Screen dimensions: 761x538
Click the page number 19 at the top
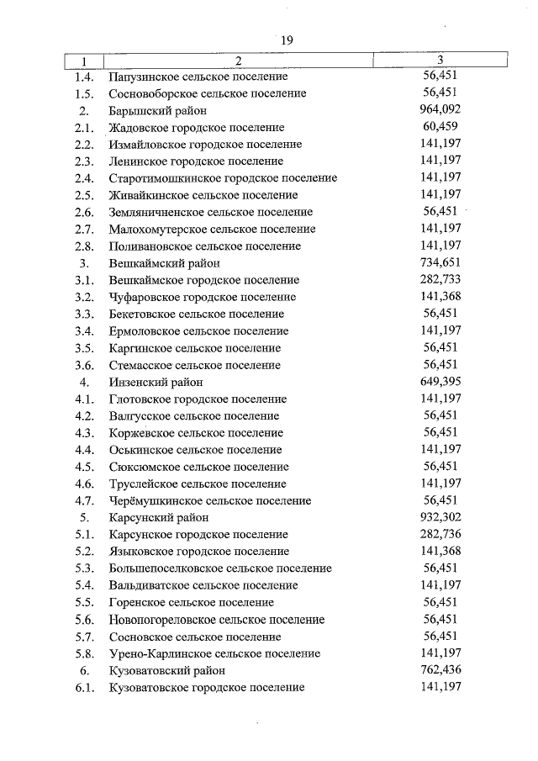coord(287,40)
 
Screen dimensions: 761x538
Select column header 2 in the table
coord(239,60)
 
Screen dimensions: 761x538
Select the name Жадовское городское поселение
coord(197,128)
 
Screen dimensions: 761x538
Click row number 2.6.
coord(83,212)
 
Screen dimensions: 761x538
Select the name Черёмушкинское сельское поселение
coord(210,500)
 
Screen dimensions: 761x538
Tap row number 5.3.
coord(83,568)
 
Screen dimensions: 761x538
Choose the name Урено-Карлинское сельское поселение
coord(214,653)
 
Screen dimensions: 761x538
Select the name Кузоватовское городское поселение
coord(207,687)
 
